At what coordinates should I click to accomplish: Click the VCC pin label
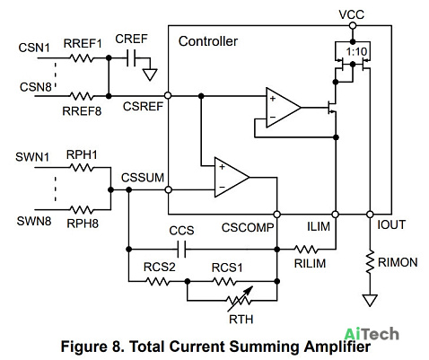[352, 14]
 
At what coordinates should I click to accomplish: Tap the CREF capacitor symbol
[131, 57]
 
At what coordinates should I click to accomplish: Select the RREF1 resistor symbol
[82, 57]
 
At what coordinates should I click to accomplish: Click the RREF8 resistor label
[82, 111]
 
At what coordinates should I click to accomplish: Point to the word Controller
[208, 41]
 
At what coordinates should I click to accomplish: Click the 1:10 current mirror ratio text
[356, 51]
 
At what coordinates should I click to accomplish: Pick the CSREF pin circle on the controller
[168, 96]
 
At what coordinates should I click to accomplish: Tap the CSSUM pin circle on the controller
[169, 189]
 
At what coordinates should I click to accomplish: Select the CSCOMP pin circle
[277, 215]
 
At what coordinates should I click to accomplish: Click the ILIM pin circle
[336, 215]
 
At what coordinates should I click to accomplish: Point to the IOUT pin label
[391, 224]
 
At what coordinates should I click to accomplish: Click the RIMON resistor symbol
[370, 262]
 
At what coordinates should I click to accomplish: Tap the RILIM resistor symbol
[306, 249]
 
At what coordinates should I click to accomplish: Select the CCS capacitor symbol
[181, 249]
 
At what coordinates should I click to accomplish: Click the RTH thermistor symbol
[239, 300]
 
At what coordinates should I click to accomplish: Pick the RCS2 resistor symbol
[157, 281]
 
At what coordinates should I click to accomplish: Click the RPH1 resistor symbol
[82, 168]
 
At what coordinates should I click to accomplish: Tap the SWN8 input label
[34, 221]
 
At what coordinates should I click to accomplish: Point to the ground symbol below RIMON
[370, 300]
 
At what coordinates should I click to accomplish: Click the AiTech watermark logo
[372, 334]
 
